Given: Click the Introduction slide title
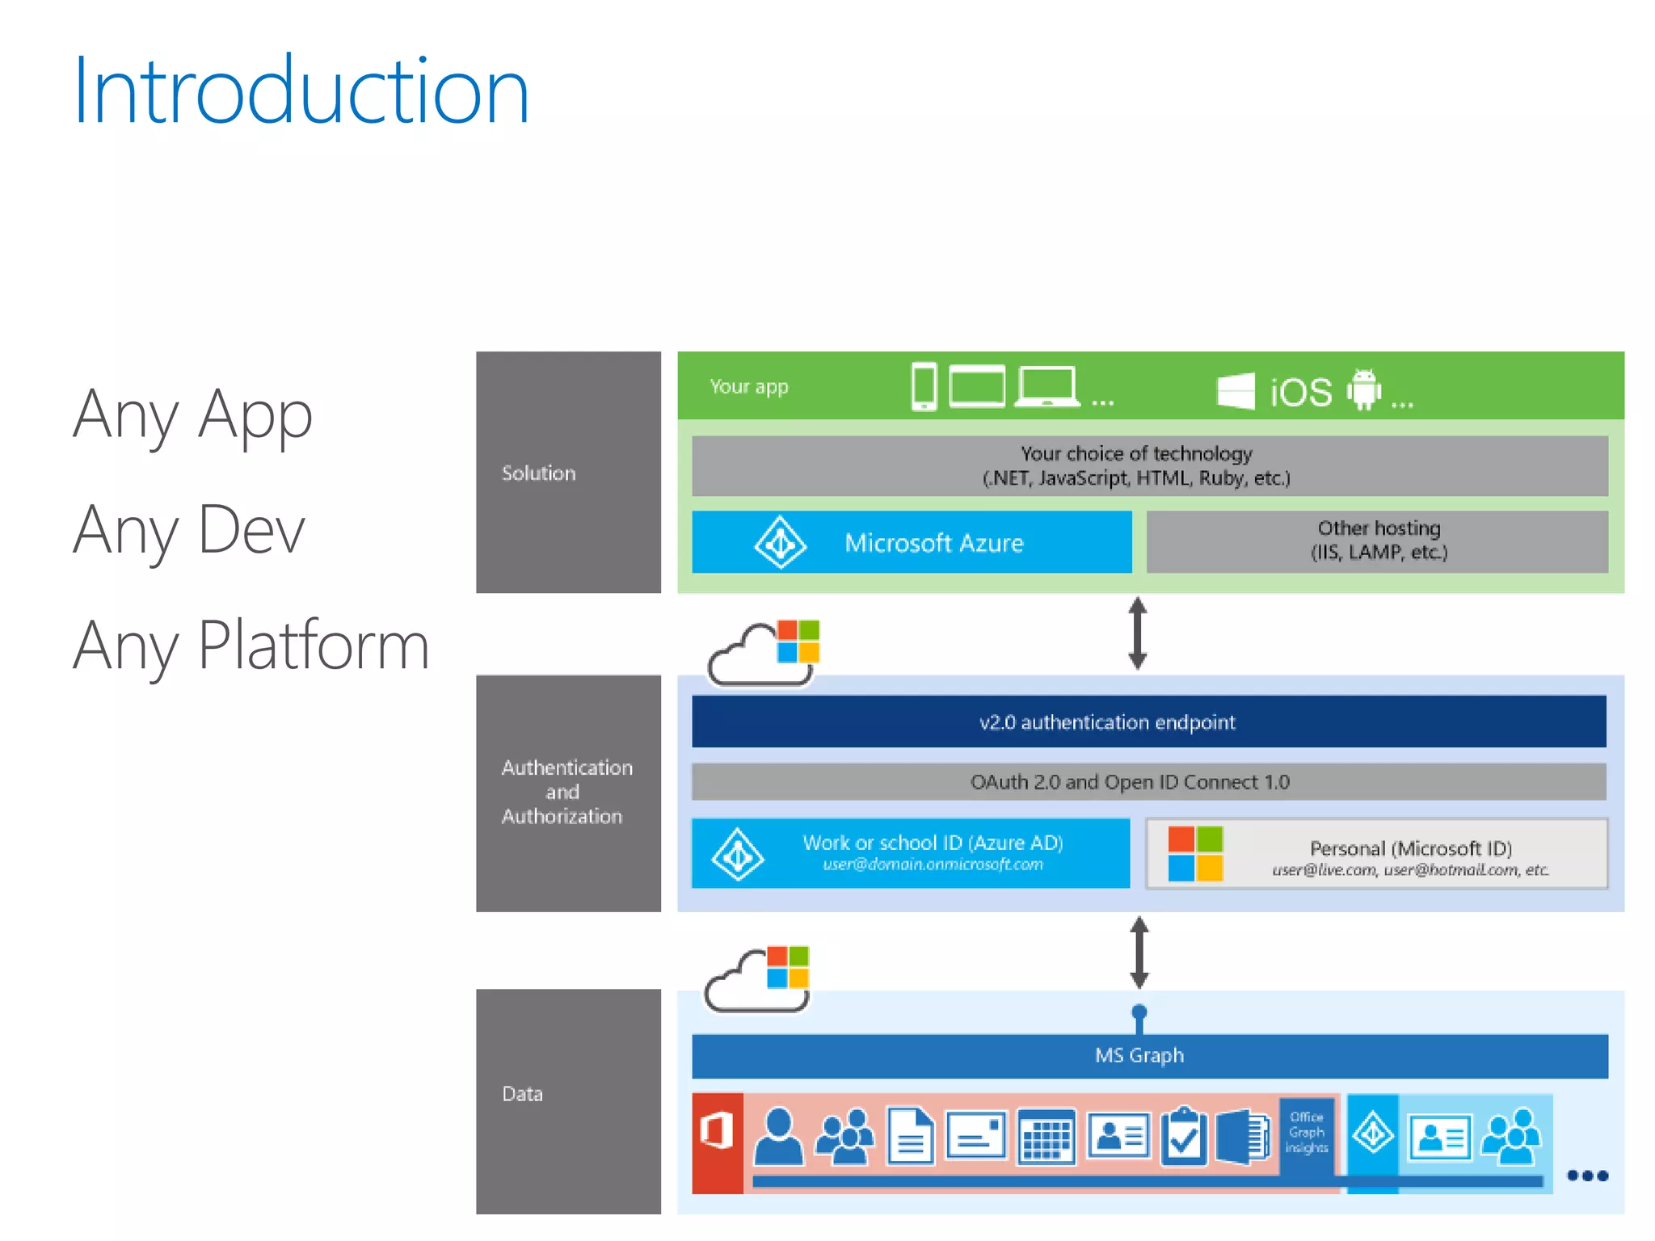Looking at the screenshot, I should pos(301,90).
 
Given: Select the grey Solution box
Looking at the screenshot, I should pos(568,473).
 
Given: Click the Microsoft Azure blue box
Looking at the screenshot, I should pos(912,542).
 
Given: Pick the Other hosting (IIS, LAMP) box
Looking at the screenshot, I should pos(1377,541).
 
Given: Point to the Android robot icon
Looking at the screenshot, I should pos(1364,389).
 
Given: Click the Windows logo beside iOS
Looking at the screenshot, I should pos(1236,390).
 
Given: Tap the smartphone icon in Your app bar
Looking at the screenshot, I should pos(924,386).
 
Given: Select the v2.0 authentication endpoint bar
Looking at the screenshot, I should pos(1148,721).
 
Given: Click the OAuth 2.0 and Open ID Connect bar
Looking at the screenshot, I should pos(1148,781).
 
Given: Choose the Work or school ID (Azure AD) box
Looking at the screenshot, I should pos(911,853).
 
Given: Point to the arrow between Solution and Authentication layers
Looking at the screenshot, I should pos(1138,633).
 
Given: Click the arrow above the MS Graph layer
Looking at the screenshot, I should pos(1139,953).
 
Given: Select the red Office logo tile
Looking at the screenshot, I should pos(717,1142).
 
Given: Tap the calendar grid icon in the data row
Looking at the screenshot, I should pos(1046,1138).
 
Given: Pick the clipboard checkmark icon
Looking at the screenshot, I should pos(1184,1137).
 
